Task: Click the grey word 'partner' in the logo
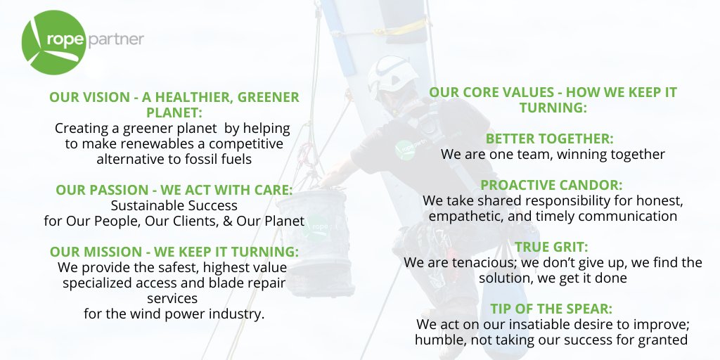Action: pyautogui.click(x=117, y=39)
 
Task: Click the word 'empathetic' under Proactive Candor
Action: pyautogui.click(x=461, y=216)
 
